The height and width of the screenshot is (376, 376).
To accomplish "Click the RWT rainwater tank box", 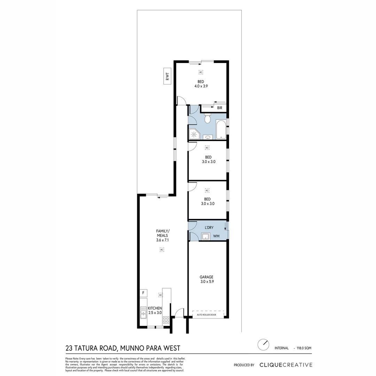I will tap(168, 76).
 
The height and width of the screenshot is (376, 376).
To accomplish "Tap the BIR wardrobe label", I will tap(220, 108).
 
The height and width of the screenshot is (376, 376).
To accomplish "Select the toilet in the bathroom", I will tap(207, 119).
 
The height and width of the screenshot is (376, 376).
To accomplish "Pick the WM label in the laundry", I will tap(216, 237).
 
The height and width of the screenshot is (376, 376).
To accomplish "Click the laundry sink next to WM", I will tap(205, 237).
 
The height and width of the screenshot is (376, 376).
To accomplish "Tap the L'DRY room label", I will tap(209, 228).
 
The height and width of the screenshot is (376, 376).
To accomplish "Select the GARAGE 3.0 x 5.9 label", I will tap(207, 279).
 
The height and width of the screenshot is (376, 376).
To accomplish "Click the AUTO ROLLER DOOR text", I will tap(206, 315).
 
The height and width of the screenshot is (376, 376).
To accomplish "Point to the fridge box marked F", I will tap(143, 293).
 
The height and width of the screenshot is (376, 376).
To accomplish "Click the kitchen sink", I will tap(143, 312).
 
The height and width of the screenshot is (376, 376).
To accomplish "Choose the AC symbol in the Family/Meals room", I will tap(162, 249).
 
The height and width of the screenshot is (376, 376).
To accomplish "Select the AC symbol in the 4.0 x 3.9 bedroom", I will tap(201, 72).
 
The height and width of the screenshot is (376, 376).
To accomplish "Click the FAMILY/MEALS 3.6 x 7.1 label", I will tap(162, 235).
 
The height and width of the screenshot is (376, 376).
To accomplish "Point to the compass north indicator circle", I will tap(264, 345).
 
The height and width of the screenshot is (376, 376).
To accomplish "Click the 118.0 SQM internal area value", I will tap(304, 348).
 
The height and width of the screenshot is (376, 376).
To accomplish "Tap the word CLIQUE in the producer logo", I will tap(272, 365).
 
